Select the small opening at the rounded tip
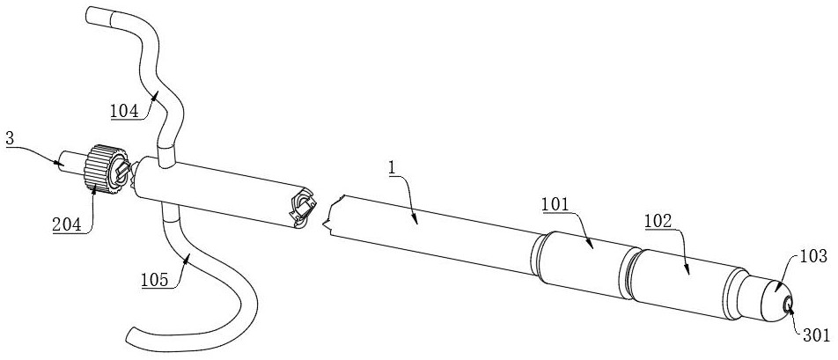(x=789, y=305)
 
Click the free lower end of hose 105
(x=133, y=333)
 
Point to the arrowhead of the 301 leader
(x=790, y=307)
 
